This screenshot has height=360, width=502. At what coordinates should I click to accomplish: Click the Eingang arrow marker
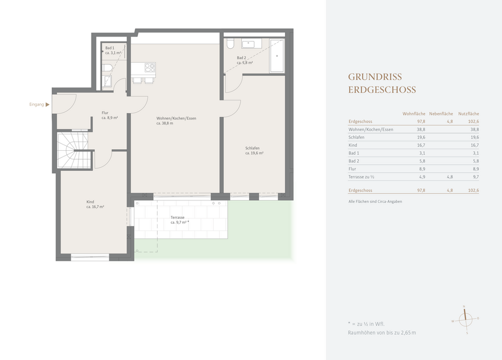click(47, 105)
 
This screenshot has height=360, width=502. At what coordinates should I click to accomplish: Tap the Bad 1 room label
click(113, 50)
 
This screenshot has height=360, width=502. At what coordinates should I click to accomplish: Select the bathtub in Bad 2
click(277, 56)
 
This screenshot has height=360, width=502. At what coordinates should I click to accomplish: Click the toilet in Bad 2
click(230, 44)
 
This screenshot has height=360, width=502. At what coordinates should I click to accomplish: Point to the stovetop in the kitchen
click(150, 67)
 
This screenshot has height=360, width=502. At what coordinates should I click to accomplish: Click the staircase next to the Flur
click(73, 150)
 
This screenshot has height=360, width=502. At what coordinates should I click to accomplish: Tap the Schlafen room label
click(254, 151)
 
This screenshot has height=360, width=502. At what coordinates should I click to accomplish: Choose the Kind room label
click(95, 204)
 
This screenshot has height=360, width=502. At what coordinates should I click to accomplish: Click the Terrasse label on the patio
click(179, 220)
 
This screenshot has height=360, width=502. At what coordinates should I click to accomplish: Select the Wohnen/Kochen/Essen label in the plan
click(176, 121)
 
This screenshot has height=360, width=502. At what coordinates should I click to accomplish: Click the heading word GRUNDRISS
click(375, 77)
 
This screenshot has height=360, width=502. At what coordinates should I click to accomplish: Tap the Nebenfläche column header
click(441, 114)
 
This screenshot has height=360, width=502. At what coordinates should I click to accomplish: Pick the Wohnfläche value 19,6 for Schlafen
click(421, 137)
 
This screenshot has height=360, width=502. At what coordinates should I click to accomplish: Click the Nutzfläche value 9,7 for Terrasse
click(476, 177)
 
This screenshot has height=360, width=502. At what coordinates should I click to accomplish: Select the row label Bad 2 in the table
click(354, 161)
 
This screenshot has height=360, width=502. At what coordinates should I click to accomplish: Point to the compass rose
click(466, 320)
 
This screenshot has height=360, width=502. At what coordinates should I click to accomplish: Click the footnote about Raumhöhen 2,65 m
click(381, 333)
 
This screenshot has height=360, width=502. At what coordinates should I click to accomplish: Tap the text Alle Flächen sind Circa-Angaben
click(375, 202)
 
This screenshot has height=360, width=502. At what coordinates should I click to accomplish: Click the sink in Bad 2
click(248, 44)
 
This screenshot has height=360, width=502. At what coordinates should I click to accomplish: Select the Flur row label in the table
click(352, 169)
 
